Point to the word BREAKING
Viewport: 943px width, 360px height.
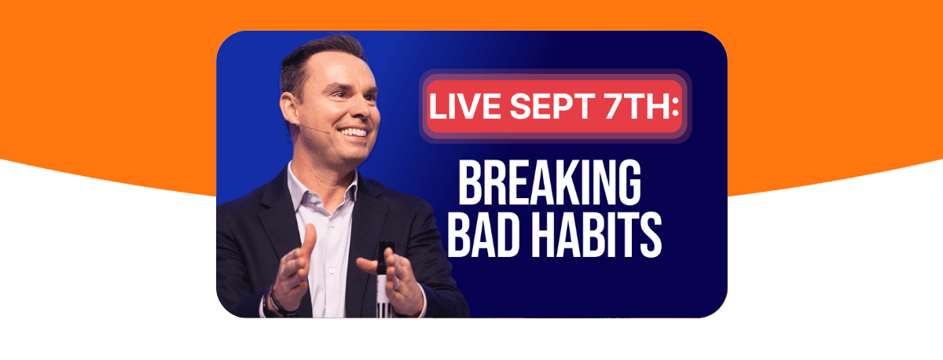550,182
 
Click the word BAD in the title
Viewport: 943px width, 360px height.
483,234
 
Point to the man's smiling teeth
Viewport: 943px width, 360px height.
354,132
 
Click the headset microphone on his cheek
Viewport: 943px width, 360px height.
314,128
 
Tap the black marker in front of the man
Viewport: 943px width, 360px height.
384,279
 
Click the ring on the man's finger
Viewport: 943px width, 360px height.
398,285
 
